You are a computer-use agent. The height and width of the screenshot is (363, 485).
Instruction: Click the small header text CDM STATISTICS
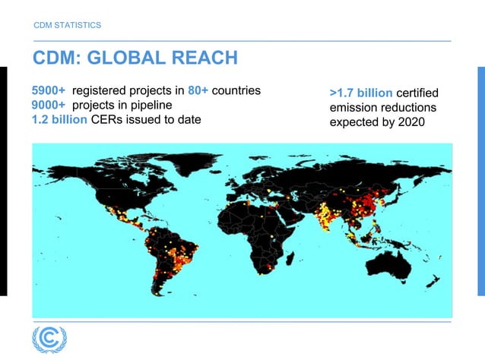pos(68,25)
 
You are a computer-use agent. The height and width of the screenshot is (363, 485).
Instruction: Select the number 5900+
pos(49,91)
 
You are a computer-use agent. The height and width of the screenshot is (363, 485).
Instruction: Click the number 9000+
pos(49,105)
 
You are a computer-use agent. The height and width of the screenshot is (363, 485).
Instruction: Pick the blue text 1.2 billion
pos(59,119)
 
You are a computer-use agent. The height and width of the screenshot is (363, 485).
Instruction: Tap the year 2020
pos(411,122)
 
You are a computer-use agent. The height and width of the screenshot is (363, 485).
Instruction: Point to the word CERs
pos(106,119)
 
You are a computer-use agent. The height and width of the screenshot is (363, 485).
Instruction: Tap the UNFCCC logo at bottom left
pos(49,339)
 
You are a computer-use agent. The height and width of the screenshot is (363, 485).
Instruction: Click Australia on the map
pos(394,263)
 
